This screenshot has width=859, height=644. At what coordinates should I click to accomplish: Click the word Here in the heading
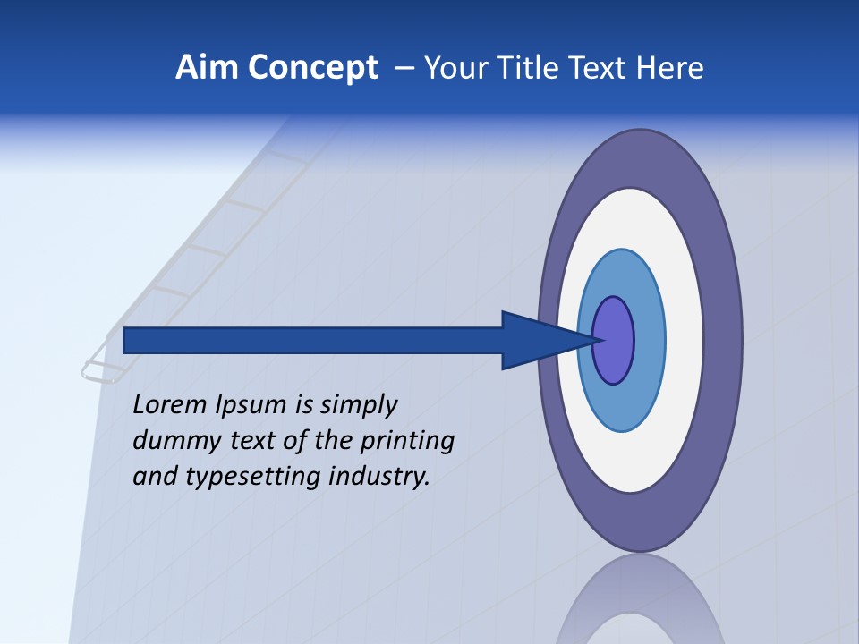[669, 68]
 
